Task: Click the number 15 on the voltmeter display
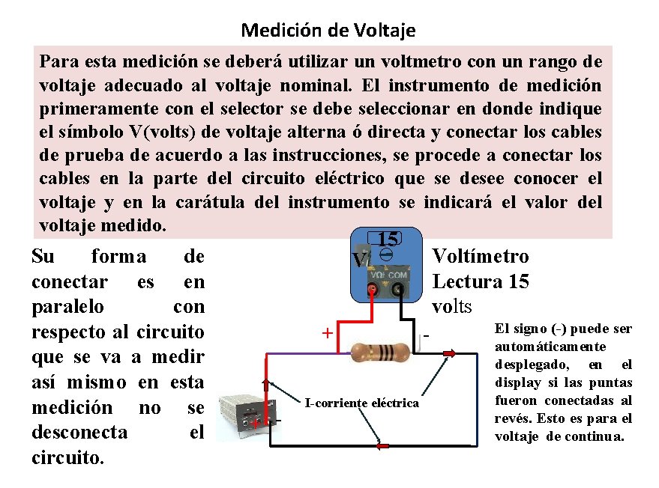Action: pyautogui.click(x=387, y=240)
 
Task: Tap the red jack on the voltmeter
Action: pyautogui.click(x=373, y=289)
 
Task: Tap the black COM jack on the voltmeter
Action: pyautogui.click(x=398, y=289)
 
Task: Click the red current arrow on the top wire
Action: pyautogui.click(x=448, y=355)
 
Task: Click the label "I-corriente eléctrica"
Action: pyautogui.click(x=362, y=403)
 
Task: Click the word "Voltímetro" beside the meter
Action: pyautogui.click(x=481, y=257)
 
